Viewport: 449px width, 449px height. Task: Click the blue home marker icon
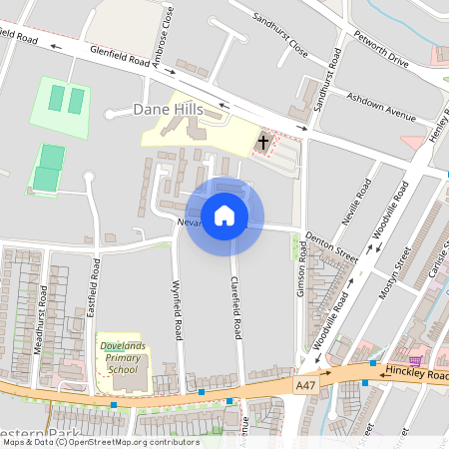(224, 216)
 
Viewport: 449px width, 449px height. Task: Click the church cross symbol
(263, 143)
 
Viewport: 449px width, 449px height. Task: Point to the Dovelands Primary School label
(123, 358)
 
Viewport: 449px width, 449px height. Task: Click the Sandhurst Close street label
(279, 33)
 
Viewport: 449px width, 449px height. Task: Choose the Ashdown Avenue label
(380, 106)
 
